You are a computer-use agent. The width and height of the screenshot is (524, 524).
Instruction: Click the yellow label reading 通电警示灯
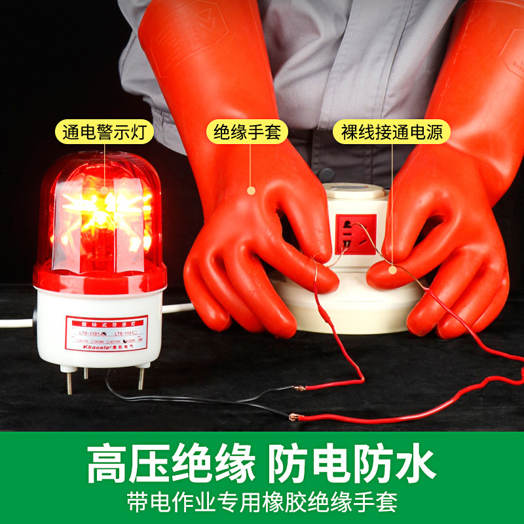(105, 133)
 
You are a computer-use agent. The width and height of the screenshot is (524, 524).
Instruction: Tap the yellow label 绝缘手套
(247, 133)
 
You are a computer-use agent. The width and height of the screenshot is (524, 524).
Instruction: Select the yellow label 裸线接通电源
(392, 133)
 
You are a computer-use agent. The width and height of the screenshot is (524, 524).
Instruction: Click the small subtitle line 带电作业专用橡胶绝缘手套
(262, 502)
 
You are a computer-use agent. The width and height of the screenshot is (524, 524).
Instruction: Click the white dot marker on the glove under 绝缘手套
(250, 190)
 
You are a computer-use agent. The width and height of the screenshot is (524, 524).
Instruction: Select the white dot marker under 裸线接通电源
(392, 269)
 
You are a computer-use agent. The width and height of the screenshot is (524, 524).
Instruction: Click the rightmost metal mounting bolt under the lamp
(140, 378)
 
